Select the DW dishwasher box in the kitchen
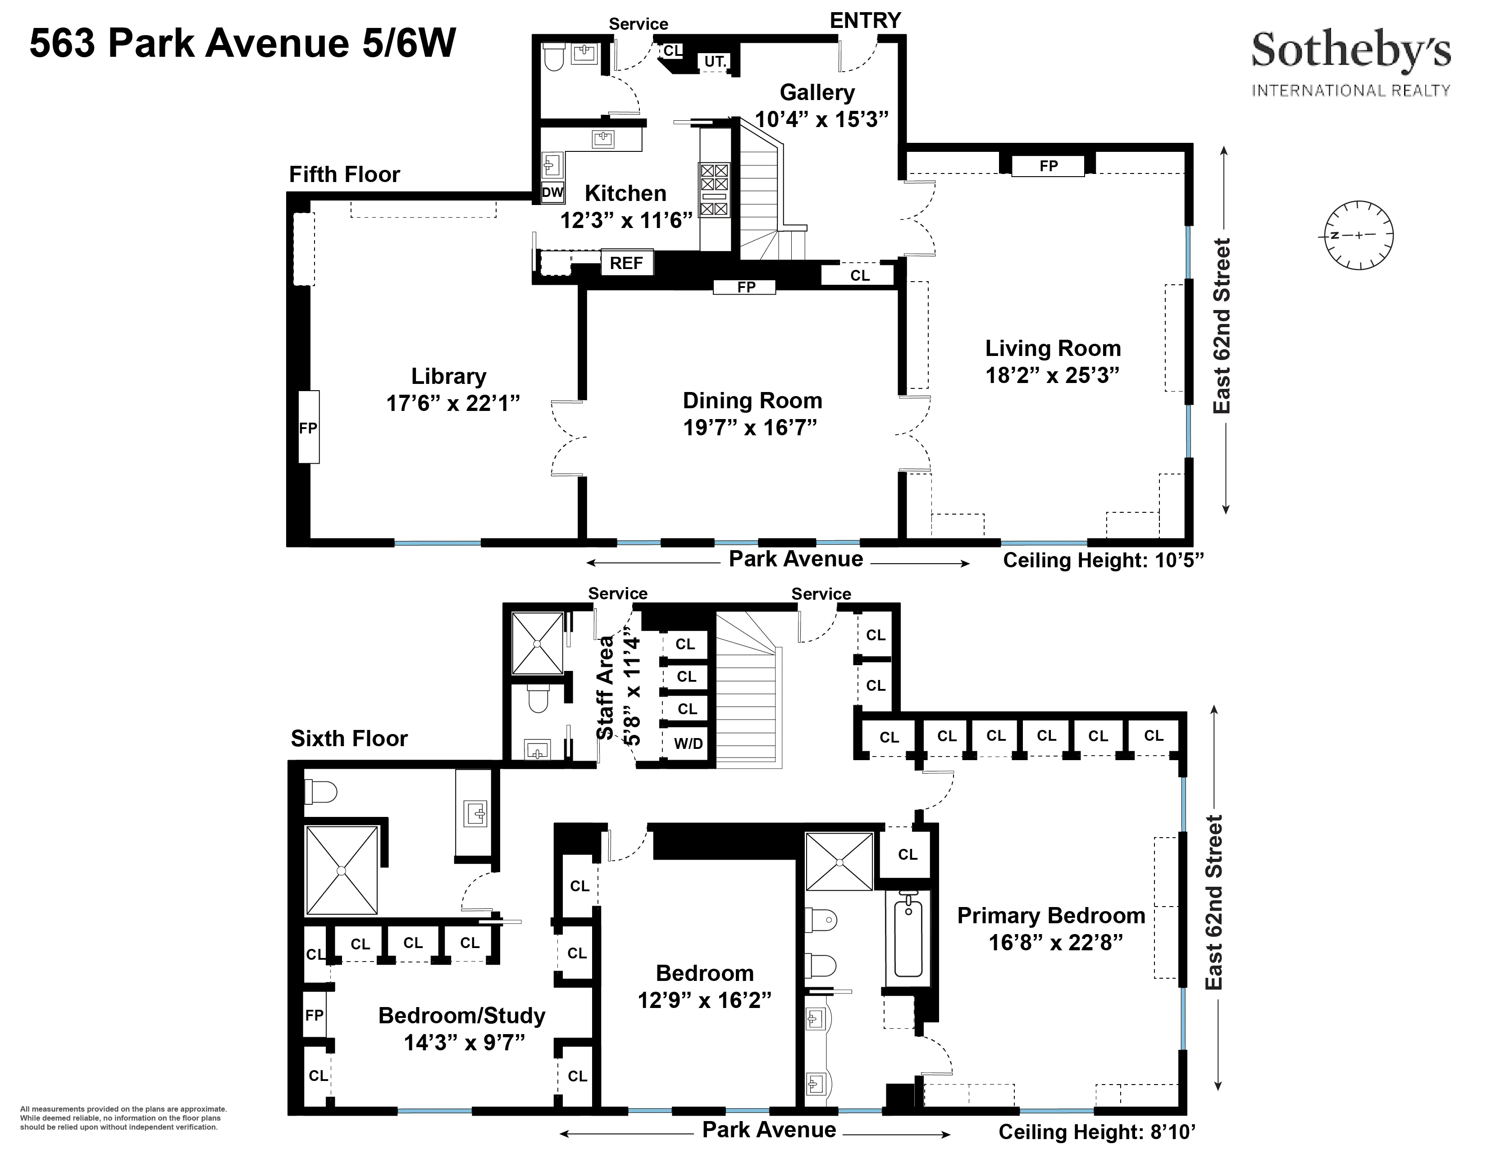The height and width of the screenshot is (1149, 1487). [552, 193]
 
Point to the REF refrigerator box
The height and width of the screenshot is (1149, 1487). [626, 263]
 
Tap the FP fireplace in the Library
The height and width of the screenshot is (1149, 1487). [308, 428]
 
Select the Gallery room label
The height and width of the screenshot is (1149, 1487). [817, 92]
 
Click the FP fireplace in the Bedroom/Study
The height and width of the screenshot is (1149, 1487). [315, 1015]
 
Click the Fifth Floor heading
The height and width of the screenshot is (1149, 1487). [345, 175]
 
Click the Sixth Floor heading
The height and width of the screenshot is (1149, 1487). [349, 739]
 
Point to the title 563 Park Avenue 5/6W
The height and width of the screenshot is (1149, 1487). [242, 44]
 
